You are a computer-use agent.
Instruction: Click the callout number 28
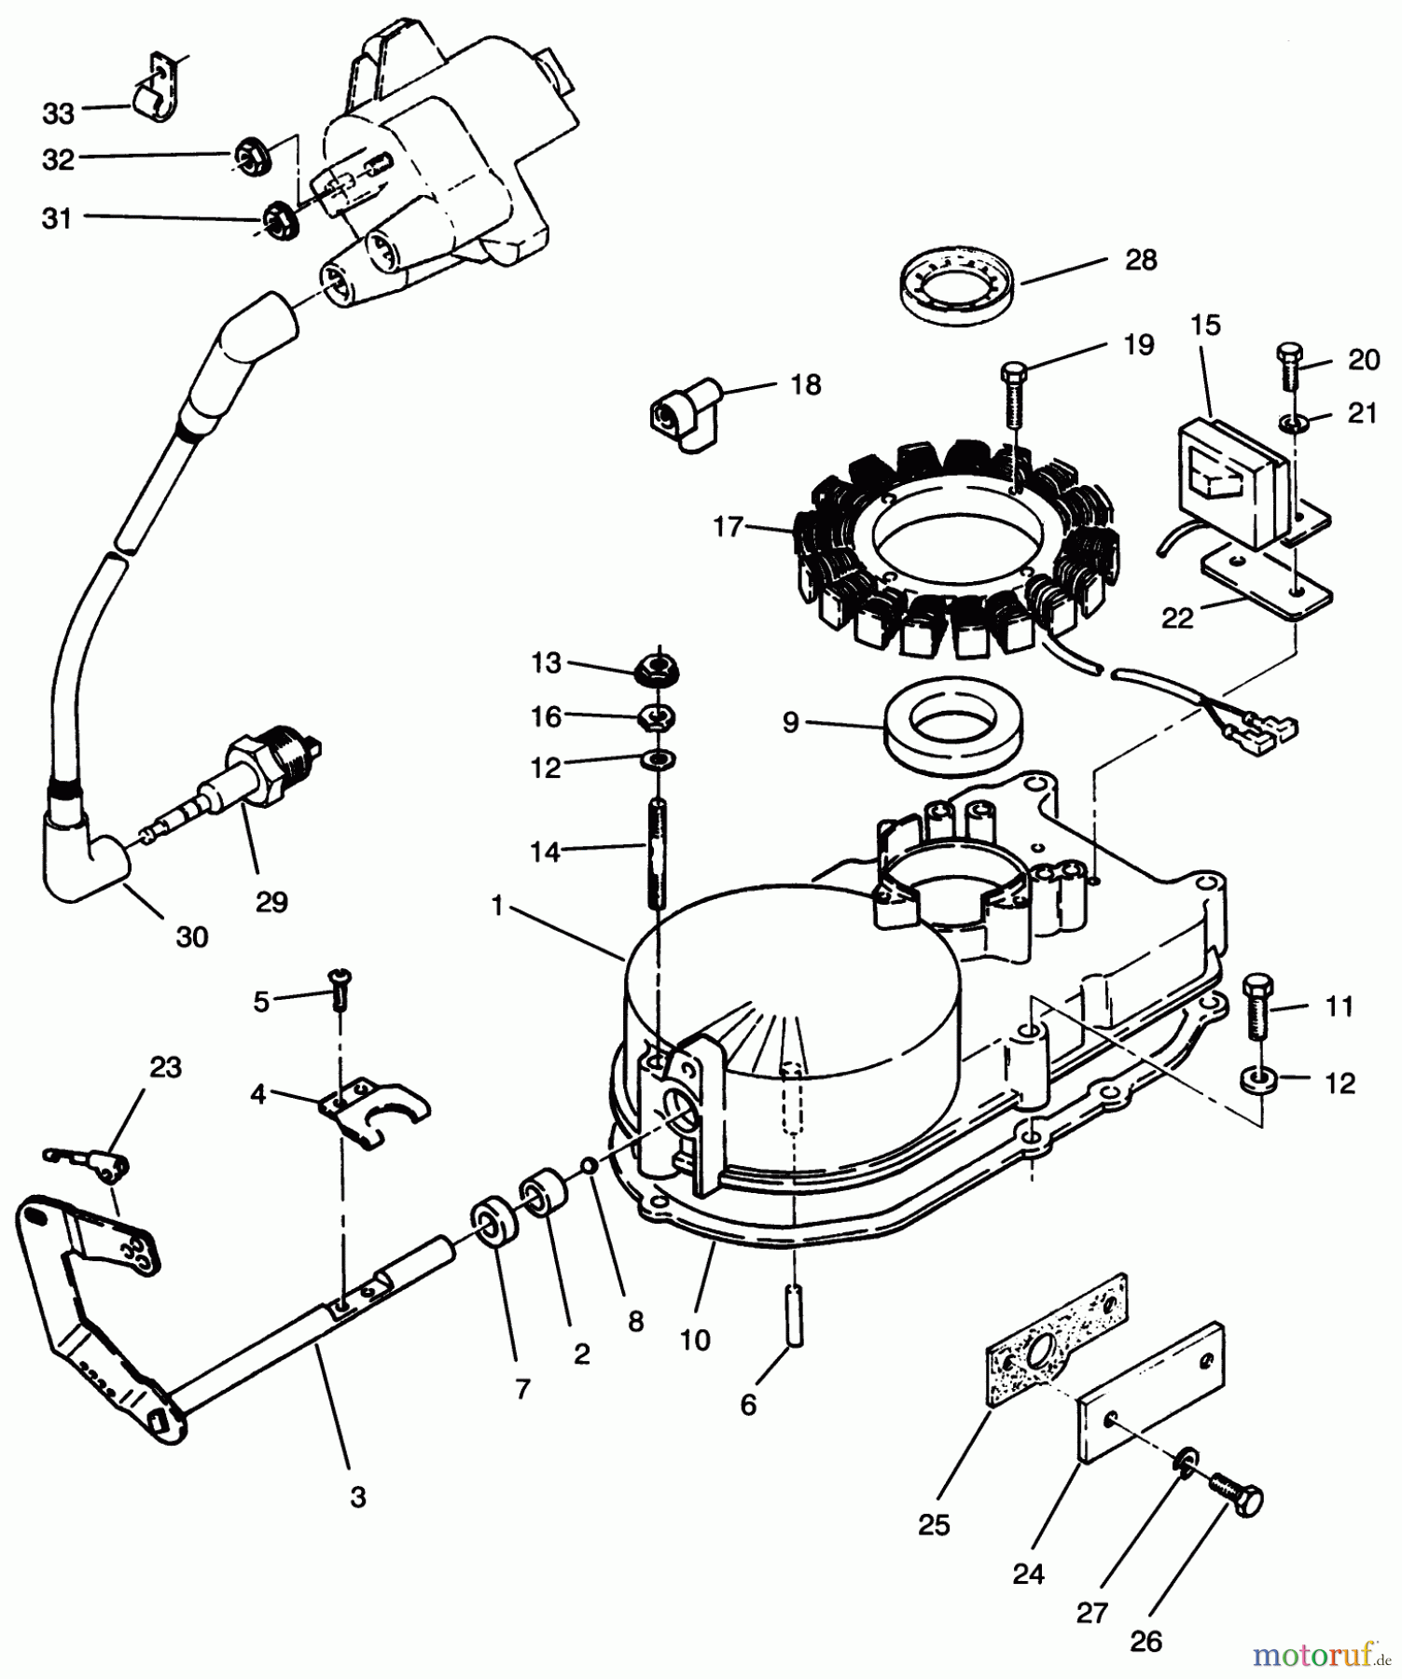[1141, 259]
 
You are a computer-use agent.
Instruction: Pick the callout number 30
[192, 937]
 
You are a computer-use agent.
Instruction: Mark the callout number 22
[1177, 617]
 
